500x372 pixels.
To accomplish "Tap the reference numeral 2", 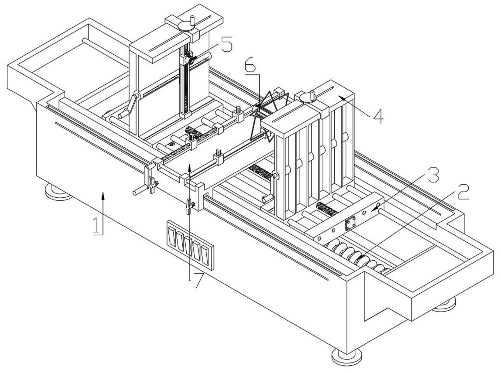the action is point(463,192).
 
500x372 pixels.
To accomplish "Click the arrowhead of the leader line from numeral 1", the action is point(103,195).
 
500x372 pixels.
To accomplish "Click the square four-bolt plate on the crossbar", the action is point(350,223).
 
